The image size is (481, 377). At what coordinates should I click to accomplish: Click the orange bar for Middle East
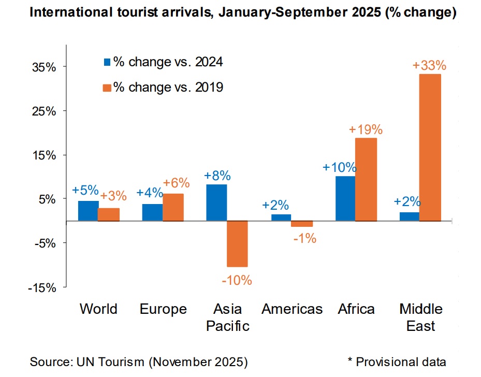[x=430, y=148]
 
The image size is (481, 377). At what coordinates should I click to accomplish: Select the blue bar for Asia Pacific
[x=216, y=202]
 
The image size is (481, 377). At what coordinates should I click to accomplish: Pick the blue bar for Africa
[x=345, y=199]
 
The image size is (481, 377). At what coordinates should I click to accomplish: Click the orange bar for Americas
[x=302, y=224]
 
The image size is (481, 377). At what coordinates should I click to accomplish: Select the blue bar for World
[x=88, y=211]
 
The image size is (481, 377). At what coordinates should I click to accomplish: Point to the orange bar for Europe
[x=173, y=207]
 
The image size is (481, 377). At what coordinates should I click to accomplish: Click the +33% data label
[x=429, y=66]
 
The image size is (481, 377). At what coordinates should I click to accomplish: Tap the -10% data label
[x=237, y=281]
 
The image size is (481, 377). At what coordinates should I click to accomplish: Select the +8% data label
[x=217, y=176]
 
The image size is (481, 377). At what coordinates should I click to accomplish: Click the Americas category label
[x=292, y=309]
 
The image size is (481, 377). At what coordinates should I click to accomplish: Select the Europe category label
[x=163, y=309]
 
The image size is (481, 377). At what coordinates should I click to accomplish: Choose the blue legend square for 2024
[x=107, y=62]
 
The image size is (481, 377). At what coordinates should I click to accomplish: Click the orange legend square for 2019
[x=107, y=88]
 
